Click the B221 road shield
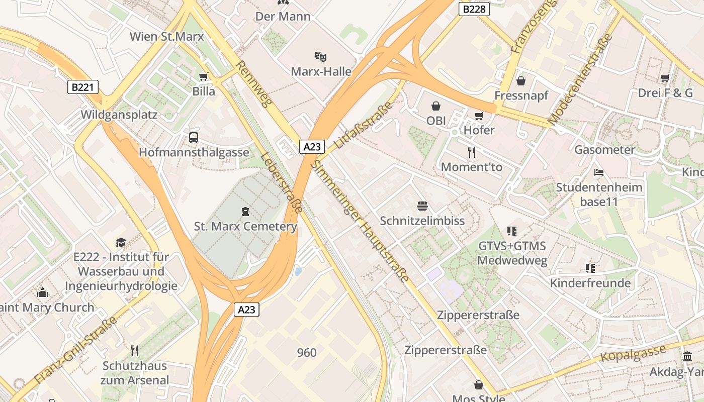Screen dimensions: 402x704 (x=83, y=87)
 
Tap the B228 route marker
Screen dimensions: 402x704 (x=474, y=9)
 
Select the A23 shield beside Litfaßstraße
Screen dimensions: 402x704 (x=312, y=146)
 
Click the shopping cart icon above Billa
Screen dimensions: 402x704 (x=203, y=76)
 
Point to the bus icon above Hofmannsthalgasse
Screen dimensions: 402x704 (x=194, y=137)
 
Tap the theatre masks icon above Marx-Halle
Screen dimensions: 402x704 (x=320, y=56)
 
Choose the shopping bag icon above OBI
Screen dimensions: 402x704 (x=435, y=106)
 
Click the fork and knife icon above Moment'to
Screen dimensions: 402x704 (x=471, y=152)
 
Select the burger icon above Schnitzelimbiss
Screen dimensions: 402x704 (x=422, y=206)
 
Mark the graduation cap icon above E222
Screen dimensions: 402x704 (x=120, y=243)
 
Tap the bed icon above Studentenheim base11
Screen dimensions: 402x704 (x=598, y=172)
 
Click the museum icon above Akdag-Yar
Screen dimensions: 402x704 (x=687, y=357)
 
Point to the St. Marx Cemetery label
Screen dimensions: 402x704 (x=245, y=226)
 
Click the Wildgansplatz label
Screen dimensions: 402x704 (x=119, y=115)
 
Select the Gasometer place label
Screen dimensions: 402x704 (x=604, y=149)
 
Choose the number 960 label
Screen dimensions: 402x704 (x=307, y=352)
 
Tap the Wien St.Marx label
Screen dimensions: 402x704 (x=166, y=36)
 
